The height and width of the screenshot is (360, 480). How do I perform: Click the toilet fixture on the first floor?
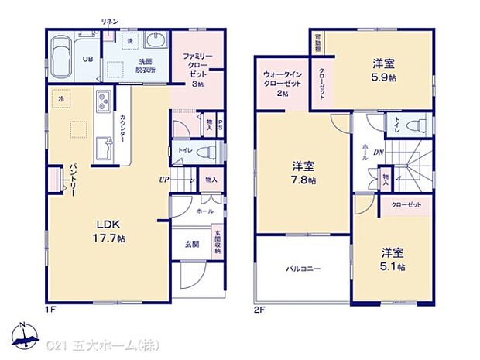coord(206,151)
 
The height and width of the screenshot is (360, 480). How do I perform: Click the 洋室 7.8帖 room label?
coord(303,173)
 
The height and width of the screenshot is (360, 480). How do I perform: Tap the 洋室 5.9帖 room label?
coord(384,72)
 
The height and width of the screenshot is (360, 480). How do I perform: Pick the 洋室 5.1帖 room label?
coord(391,259)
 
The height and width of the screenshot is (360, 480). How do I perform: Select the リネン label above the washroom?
coord(109,24)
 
